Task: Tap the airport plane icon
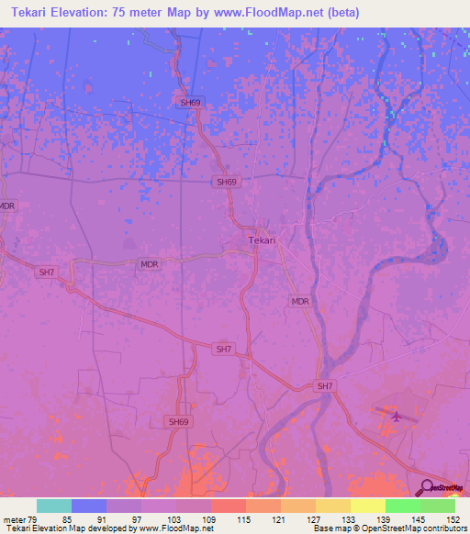(x=397, y=416)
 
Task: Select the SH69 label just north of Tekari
(x=227, y=182)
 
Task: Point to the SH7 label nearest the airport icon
(x=325, y=386)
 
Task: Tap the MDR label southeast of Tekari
(x=299, y=301)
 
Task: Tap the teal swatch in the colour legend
(x=54, y=506)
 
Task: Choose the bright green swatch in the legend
(x=403, y=506)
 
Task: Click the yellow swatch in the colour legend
(x=333, y=506)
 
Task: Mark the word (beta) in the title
(x=341, y=13)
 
